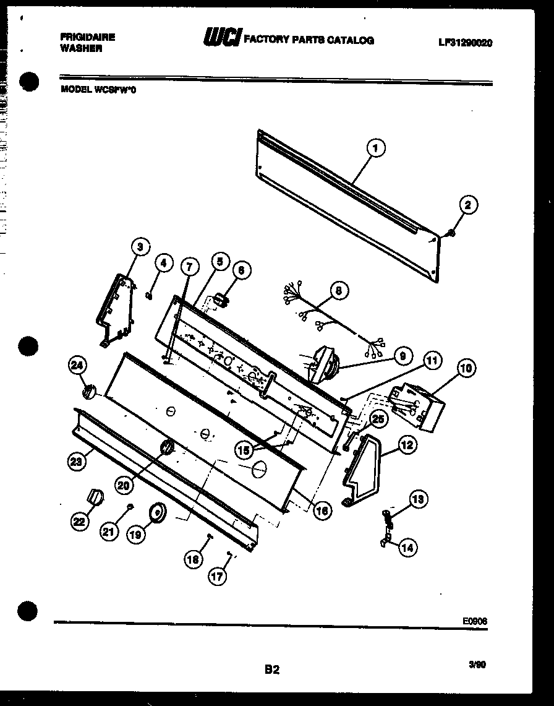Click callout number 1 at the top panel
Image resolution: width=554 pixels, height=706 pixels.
tap(375, 149)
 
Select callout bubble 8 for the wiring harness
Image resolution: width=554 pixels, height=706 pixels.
tap(338, 290)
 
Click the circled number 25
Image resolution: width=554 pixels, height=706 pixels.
tap(377, 419)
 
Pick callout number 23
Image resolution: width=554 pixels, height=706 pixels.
tap(77, 460)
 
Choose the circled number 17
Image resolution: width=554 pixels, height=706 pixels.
tap(216, 576)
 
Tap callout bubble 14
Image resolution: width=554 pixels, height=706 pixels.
tap(407, 546)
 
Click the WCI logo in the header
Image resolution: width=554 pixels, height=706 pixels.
tap(222, 38)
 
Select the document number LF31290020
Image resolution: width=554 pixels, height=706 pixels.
tap(464, 43)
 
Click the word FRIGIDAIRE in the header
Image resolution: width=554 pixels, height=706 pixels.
tap(87, 37)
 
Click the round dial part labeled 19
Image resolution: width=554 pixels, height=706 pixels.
tap(157, 513)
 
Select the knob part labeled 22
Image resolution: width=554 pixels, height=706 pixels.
tap(95, 496)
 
